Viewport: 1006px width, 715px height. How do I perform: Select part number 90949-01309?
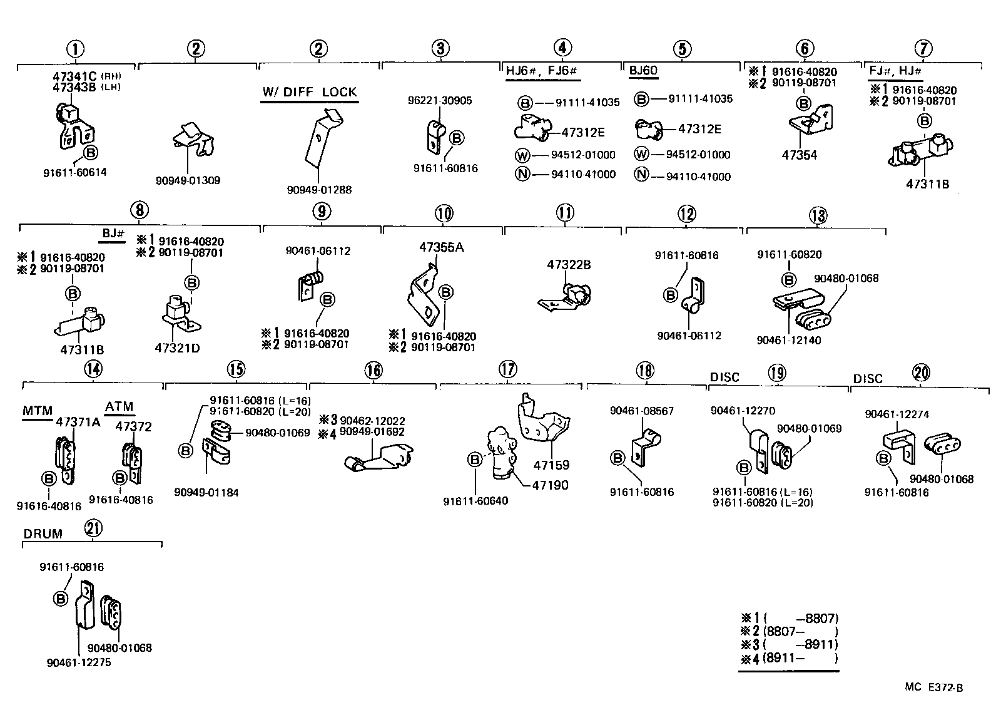[x=188, y=180]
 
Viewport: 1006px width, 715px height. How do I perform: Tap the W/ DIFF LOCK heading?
[x=310, y=92]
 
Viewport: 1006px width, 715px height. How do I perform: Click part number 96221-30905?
[x=440, y=100]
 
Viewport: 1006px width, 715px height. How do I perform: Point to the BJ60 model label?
[x=643, y=71]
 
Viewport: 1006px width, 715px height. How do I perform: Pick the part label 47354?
[x=799, y=155]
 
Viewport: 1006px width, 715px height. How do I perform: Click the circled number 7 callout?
[x=923, y=48]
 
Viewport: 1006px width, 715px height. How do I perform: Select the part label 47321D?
[x=177, y=347]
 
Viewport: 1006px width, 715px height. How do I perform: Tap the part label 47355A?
[x=442, y=247]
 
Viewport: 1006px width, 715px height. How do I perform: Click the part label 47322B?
[x=569, y=265]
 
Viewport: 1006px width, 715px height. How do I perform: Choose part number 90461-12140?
[x=788, y=340]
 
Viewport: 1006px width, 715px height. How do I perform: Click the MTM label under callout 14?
[x=38, y=411]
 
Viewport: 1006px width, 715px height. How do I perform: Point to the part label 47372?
[x=134, y=427]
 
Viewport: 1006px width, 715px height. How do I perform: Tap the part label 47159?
[x=551, y=465]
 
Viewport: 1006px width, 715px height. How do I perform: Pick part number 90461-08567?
[x=641, y=411]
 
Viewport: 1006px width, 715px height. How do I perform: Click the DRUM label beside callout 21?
[x=43, y=534]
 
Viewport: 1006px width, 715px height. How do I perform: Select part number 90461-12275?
[x=78, y=662]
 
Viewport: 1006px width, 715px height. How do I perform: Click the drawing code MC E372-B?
[x=933, y=687]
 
